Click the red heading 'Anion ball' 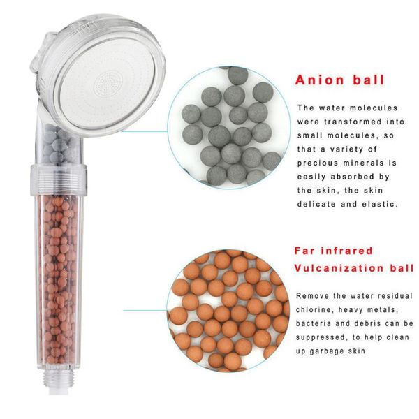coord(339,80)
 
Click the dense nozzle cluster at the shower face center coord(109,82)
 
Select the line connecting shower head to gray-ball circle coord(145,131)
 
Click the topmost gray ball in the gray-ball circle coord(238,75)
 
